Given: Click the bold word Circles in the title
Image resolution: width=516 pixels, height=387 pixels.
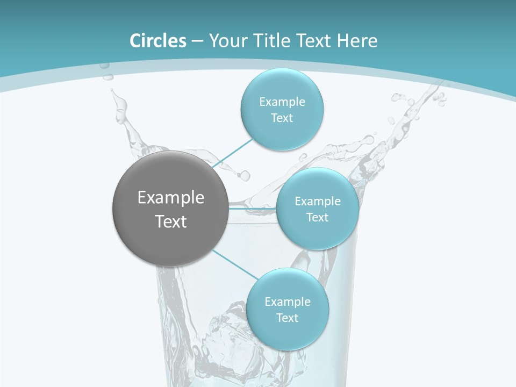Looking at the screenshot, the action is click(x=158, y=41).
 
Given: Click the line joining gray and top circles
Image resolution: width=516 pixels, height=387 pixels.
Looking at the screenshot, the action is click(x=232, y=153).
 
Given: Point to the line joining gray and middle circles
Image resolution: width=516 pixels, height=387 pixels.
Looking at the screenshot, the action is click(x=253, y=208).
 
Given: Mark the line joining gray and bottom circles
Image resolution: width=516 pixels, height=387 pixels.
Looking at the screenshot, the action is click(x=235, y=264).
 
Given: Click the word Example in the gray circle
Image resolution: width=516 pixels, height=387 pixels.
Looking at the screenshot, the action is click(x=171, y=198).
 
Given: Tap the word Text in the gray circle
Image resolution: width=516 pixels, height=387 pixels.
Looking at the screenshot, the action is click(x=171, y=221).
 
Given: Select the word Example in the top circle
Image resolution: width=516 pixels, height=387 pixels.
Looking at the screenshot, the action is click(x=282, y=102).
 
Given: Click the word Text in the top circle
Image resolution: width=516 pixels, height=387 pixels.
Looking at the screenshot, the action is click(x=282, y=118).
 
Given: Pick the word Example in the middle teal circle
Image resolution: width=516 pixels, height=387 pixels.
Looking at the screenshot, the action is click(x=318, y=202).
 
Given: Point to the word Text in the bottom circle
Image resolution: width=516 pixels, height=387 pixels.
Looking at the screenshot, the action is click(x=287, y=318).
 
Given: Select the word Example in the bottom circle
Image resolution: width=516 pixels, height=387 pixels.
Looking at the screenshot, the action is click(x=288, y=302).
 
